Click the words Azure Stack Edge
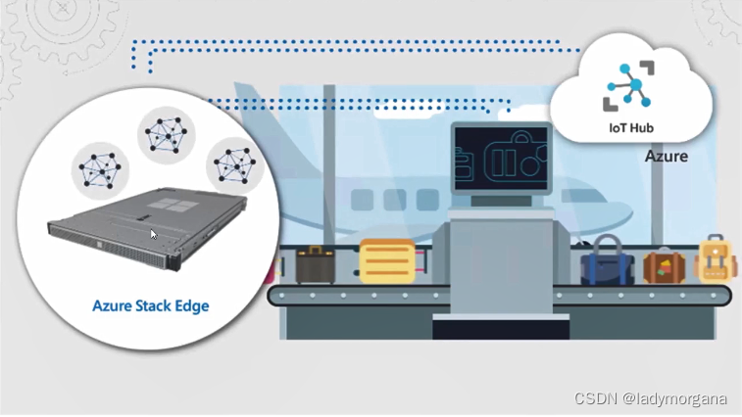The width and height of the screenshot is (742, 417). point(150,305)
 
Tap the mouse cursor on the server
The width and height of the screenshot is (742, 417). point(153,234)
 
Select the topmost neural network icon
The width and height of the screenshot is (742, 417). point(163,133)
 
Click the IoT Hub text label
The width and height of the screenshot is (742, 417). point(632,128)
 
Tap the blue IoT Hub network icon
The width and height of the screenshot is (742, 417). point(629,87)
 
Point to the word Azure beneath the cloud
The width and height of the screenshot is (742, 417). point(667,157)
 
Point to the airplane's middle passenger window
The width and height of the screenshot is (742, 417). point(395,200)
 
